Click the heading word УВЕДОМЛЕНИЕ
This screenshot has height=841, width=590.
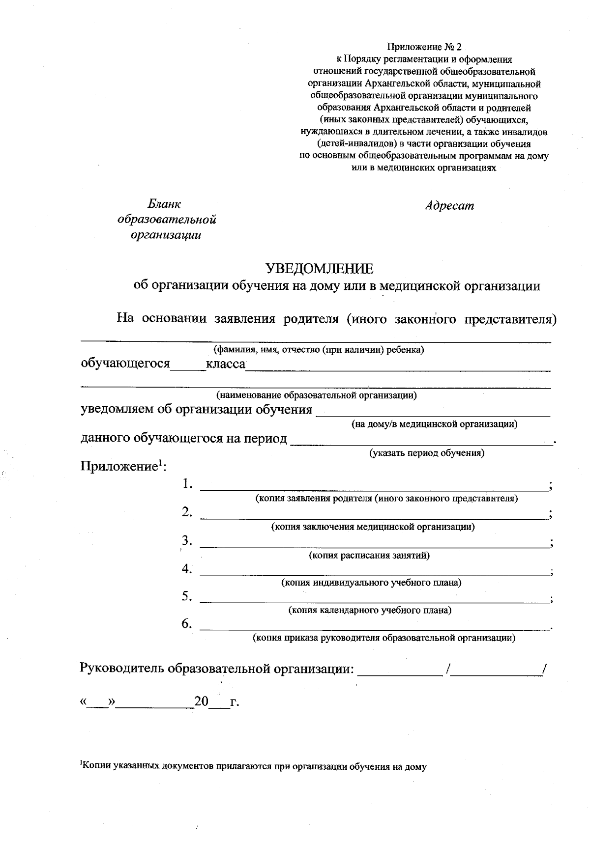(x=319, y=268)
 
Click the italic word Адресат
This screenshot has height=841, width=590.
(x=449, y=206)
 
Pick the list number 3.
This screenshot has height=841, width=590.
(x=186, y=541)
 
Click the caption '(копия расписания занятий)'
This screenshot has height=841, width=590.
(x=369, y=555)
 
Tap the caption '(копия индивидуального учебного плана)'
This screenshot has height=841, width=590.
(x=371, y=583)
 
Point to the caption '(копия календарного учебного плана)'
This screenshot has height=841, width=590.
(x=369, y=611)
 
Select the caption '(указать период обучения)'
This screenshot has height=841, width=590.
(x=427, y=452)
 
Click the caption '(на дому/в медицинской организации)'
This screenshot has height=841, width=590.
(x=434, y=424)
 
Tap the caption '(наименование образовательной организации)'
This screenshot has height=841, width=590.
(x=317, y=395)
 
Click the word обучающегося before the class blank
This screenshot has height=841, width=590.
(x=125, y=364)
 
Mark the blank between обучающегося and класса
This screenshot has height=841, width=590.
(x=188, y=367)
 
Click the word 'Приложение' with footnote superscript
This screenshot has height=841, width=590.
(x=118, y=466)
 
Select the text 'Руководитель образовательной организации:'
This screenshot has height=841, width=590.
(x=217, y=669)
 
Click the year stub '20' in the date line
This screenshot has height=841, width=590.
(x=202, y=701)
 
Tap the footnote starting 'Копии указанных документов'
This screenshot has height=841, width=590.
(x=253, y=765)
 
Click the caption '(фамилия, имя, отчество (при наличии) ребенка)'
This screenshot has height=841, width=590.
(x=319, y=350)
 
